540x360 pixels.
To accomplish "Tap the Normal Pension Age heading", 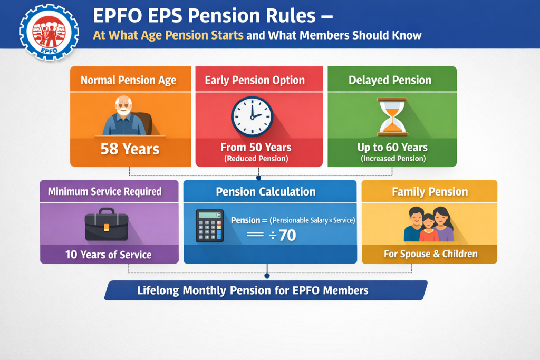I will [128, 81].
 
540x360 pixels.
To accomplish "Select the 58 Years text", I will [130, 149].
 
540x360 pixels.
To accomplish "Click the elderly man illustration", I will [125, 116].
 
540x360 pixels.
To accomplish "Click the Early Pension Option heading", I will [255, 81].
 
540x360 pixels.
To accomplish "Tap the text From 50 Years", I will [256, 147].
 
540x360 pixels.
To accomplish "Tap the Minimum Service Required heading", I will [105, 191].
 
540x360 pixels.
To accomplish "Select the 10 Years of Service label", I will [108, 255].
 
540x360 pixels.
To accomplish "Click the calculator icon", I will [209, 226].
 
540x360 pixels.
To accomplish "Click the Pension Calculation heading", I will [266, 192].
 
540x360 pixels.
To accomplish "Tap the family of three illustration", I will [429, 225].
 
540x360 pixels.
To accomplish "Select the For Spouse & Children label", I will [430, 254].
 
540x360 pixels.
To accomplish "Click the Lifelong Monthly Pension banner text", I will [253, 290].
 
